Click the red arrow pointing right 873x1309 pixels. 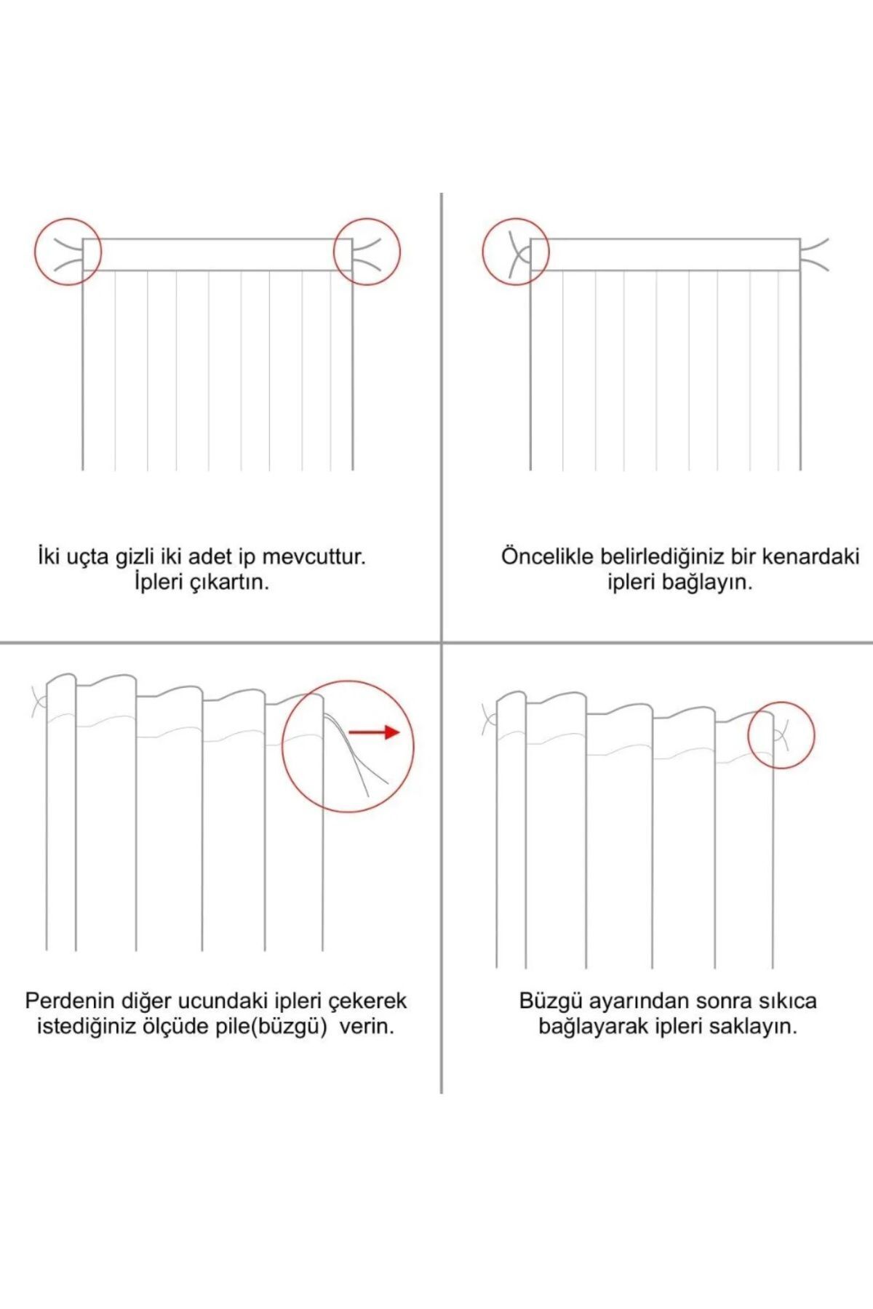click(x=375, y=732)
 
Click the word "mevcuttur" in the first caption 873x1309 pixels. click(x=312, y=557)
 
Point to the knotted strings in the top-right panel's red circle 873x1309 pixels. click(x=519, y=256)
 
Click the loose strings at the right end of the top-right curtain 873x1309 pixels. click(x=815, y=255)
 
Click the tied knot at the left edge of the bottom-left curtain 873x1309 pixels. click(x=39, y=702)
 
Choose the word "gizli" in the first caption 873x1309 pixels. click(x=135, y=558)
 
